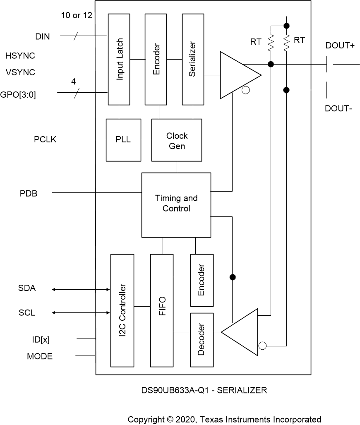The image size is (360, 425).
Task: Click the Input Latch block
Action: pyautogui.click(x=119, y=59)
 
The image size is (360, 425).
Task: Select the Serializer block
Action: pyautogui.click(x=193, y=59)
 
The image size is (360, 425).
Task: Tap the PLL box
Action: pyautogui.click(x=123, y=140)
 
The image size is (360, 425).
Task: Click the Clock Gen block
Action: pyautogui.click(x=177, y=140)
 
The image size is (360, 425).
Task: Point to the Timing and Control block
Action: pyautogui.click(x=176, y=204)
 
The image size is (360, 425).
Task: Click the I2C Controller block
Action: pyautogui.click(x=122, y=310)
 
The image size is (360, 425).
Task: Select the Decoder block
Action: pyautogui.click(x=202, y=339)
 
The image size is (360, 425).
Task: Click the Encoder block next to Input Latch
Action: pyautogui.click(x=156, y=59)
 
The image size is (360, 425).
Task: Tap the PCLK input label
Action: pyautogui.click(x=45, y=140)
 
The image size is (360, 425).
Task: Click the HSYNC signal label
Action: pyautogui.click(x=20, y=55)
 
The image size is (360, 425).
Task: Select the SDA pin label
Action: pyautogui.click(x=27, y=288)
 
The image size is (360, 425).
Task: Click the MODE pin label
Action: pyautogui.click(x=40, y=356)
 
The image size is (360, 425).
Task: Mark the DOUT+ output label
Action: pyautogui.click(x=340, y=46)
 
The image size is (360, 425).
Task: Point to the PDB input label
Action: pyautogui.click(x=29, y=193)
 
